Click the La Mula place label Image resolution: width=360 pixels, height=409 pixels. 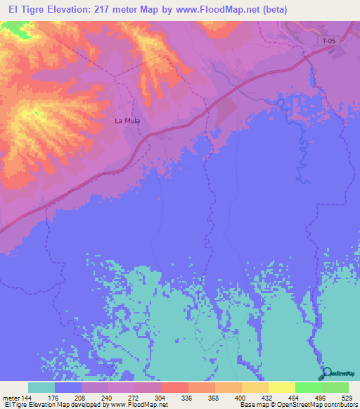[x=128, y=121]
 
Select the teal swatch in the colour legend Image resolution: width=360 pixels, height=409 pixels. [x=41, y=387]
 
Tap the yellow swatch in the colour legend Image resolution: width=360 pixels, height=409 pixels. [x=282, y=387]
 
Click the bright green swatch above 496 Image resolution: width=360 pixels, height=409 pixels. [x=309, y=387]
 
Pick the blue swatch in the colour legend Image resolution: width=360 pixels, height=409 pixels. [x=68, y=387]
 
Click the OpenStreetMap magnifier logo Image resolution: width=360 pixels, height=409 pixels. [x=326, y=372]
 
